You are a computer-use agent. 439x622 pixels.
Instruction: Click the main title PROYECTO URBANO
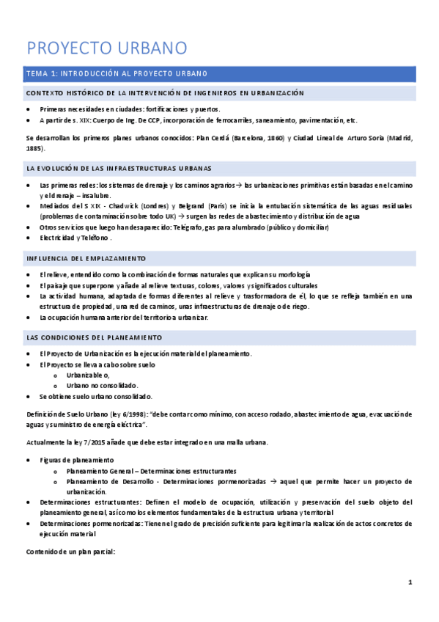[107, 48]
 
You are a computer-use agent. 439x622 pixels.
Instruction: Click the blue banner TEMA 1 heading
[117, 73]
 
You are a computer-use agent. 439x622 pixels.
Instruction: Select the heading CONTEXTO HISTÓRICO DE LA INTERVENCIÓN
[164, 94]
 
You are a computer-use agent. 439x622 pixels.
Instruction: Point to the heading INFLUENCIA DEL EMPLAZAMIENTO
[86, 259]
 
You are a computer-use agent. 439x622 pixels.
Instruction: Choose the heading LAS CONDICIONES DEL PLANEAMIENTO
[94, 337]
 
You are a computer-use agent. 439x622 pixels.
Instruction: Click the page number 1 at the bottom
[410, 582]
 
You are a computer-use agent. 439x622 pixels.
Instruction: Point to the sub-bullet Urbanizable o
[87, 375]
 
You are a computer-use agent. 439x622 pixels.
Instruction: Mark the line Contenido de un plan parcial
[70, 551]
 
